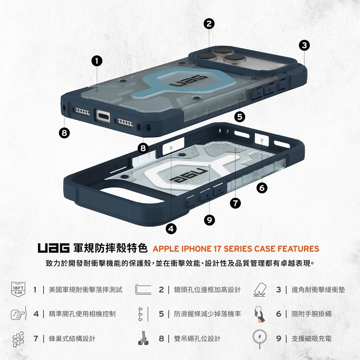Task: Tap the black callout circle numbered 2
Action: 208,24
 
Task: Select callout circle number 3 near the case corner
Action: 304,45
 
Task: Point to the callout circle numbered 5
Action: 239,117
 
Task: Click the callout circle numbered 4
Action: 171,228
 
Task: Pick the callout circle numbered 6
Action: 262,188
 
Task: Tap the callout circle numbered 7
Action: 234,203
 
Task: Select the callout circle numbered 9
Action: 209,219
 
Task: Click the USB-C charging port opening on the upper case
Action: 103,116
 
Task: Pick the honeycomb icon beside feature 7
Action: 18,338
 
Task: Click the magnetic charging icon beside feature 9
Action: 261,338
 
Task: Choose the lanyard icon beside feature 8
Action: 143,338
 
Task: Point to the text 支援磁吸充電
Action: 311,338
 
